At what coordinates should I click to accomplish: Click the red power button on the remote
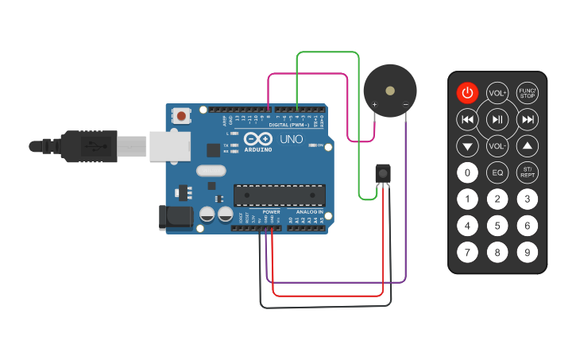[467, 93]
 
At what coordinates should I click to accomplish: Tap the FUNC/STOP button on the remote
[527, 93]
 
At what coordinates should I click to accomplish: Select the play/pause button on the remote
[497, 120]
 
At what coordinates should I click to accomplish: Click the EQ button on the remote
[497, 172]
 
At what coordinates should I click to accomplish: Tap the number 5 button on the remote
[497, 226]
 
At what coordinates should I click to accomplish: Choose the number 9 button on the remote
[527, 254]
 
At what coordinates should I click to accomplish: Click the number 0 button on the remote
[467, 172]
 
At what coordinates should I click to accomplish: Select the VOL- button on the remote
[497, 146]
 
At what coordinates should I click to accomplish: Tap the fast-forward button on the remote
[527, 120]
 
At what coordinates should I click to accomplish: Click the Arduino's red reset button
[182, 117]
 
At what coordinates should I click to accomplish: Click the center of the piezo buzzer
[389, 91]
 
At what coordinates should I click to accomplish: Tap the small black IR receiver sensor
[383, 172]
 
